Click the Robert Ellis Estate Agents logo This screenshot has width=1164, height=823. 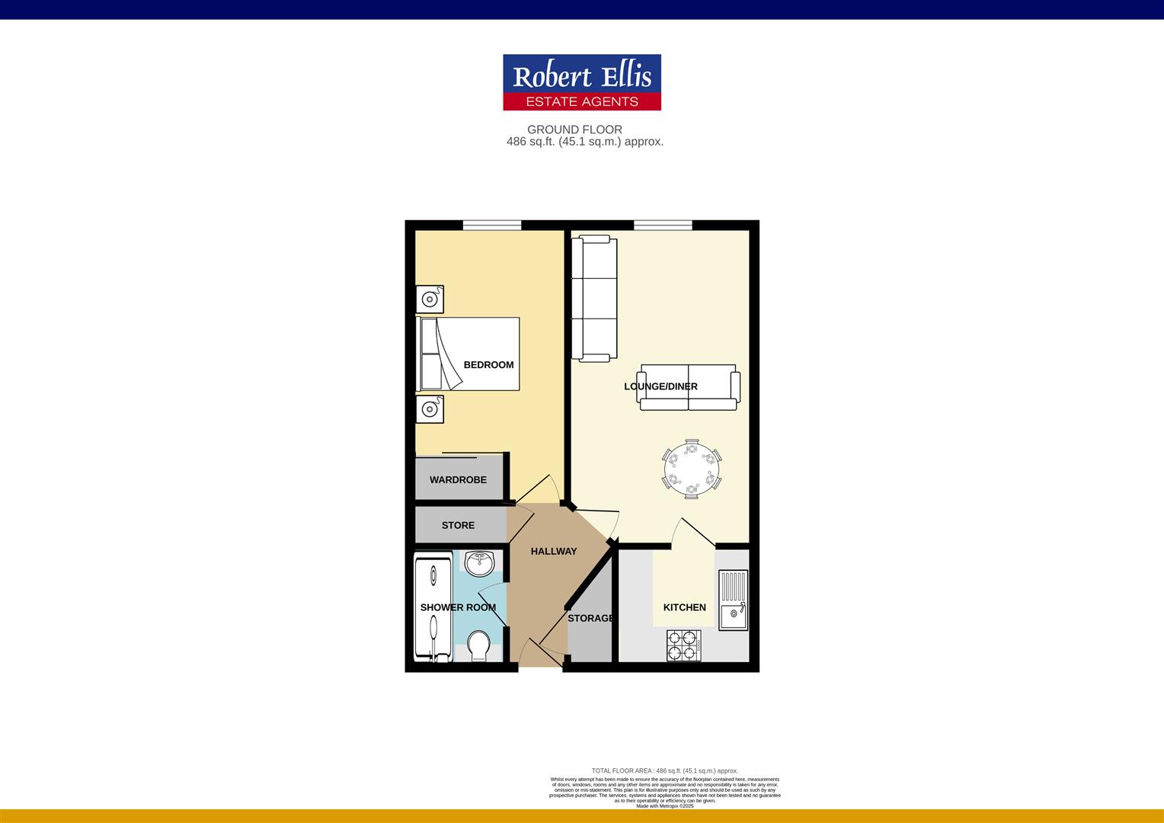pos(581,82)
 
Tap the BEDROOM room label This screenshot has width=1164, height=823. pos(488,365)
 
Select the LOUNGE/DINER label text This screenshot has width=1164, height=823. pos(660,386)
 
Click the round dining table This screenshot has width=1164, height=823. pos(691,469)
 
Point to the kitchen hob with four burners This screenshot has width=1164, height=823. pos(683,645)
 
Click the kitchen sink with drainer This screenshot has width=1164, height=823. pos(733,600)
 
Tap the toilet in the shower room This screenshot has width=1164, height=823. pos(479,645)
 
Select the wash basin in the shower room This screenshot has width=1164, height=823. pos(481,565)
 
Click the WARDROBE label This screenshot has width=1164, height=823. pos(458,480)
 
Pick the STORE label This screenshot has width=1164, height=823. pos(458,525)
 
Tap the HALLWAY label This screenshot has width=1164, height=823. pos(554,551)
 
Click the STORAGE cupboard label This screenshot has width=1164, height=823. pos(591,618)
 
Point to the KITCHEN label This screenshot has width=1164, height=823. pos(684,607)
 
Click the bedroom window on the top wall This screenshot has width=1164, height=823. pos(492,225)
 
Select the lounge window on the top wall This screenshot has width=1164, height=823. pos(663,225)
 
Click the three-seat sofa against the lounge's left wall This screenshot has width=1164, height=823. pos(594,299)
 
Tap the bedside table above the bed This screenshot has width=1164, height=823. pos(430,299)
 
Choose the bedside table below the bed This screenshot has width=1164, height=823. pos(430,409)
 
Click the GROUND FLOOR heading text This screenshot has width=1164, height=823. pos(574,130)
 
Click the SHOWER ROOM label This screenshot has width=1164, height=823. pos(458,607)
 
